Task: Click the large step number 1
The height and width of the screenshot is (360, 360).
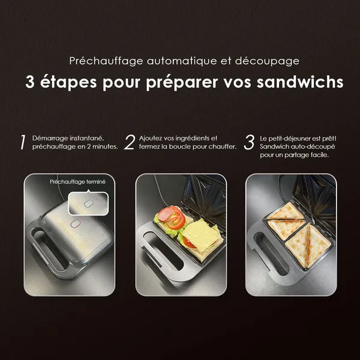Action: (22, 142)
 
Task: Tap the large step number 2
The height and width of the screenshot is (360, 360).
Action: (129, 142)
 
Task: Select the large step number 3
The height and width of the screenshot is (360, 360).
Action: (249, 142)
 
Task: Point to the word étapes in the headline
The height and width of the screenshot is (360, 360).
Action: (68, 82)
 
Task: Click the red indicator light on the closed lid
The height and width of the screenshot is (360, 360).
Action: (76, 224)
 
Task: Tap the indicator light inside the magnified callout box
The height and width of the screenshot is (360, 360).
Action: (88, 203)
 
